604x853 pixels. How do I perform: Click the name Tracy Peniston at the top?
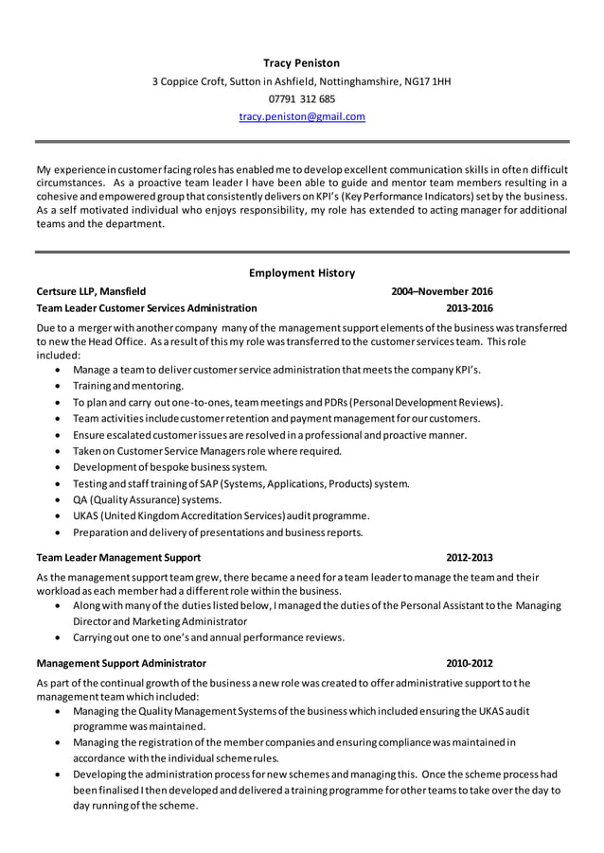click(301, 62)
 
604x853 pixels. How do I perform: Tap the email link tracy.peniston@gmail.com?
click(301, 116)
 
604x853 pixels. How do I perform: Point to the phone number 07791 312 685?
click(301, 98)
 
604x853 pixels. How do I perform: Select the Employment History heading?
click(301, 272)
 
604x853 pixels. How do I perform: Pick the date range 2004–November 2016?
click(442, 291)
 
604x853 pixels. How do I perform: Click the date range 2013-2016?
click(470, 308)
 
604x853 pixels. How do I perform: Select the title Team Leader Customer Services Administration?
click(146, 308)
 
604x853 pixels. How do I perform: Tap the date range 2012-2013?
click(470, 557)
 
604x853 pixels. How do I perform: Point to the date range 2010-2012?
click(470, 664)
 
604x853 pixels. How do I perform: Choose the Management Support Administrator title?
click(120, 664)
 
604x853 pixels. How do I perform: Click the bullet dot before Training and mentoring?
click(62, 386)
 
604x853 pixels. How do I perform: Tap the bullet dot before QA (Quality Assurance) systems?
click(62, 500)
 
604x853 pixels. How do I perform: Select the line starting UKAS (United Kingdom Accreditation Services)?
click(221, 515)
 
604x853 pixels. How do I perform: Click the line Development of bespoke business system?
click(169, 467)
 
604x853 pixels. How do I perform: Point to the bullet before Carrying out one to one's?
click(62, 637)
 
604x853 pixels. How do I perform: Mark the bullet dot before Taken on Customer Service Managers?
click(62, 452)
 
